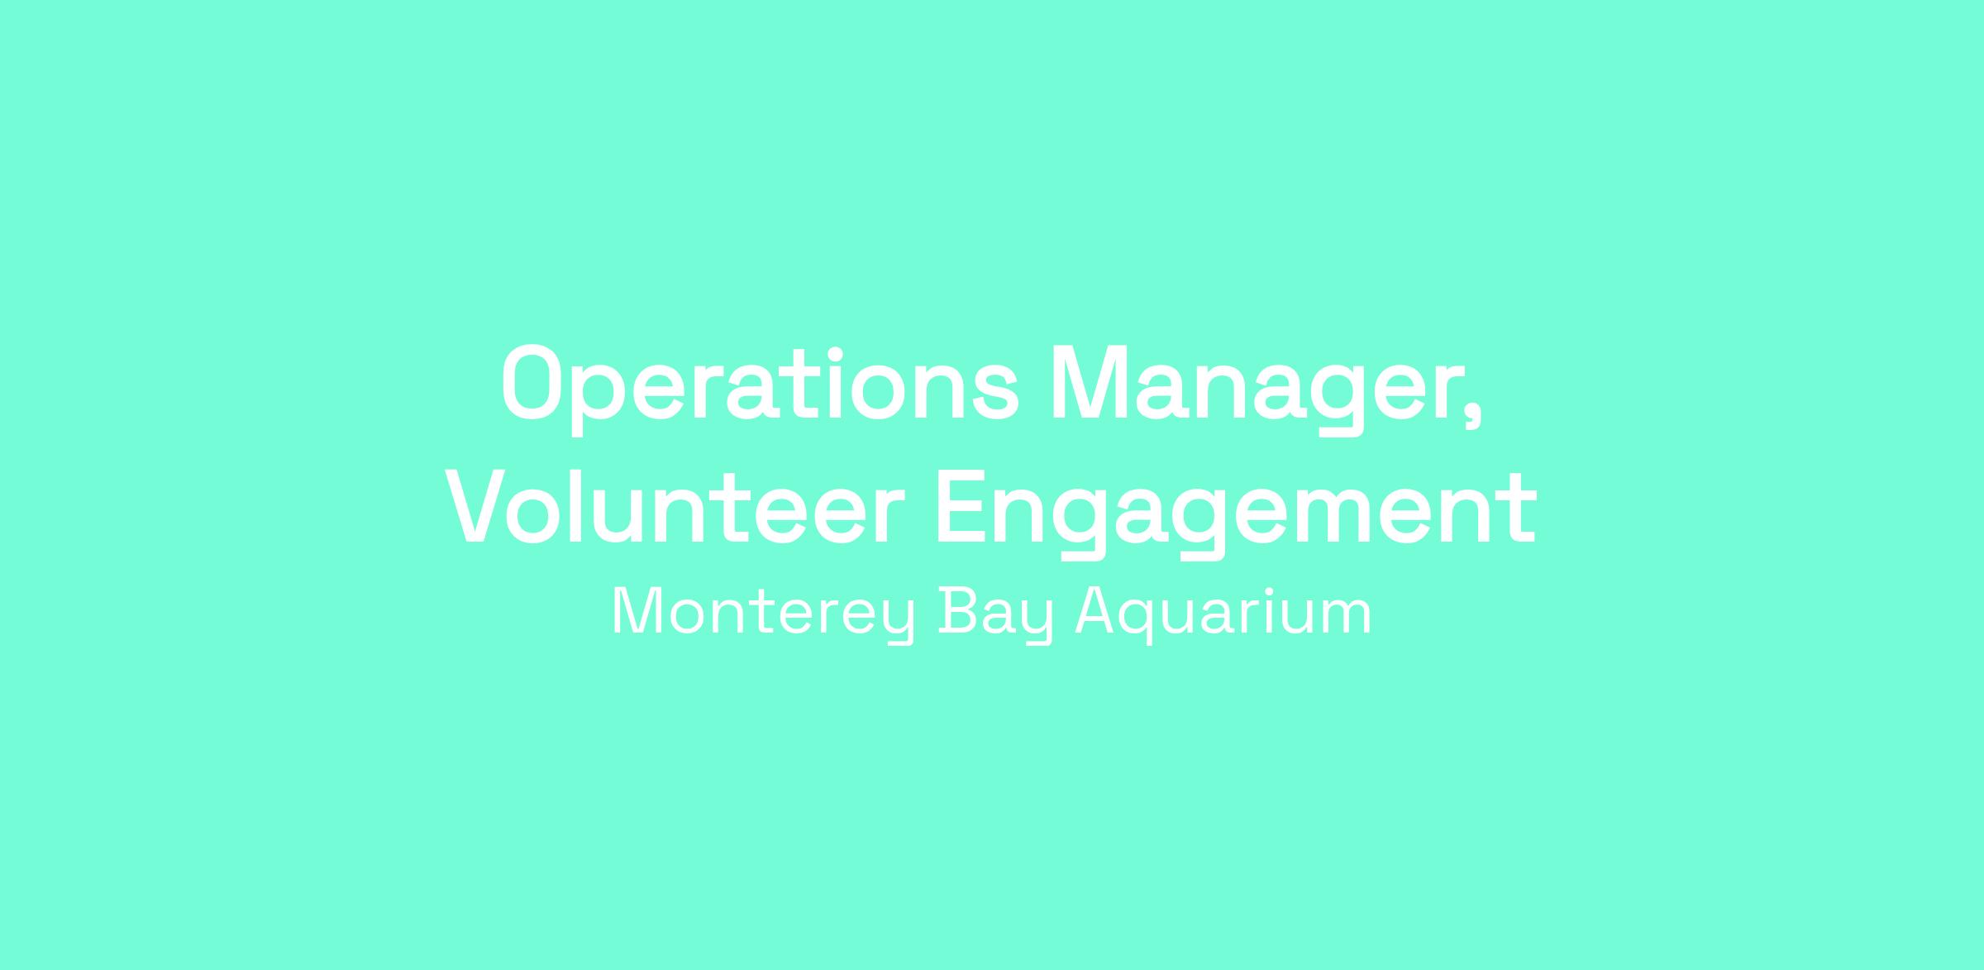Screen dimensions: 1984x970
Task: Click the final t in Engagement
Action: click(x=1519, y=511)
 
